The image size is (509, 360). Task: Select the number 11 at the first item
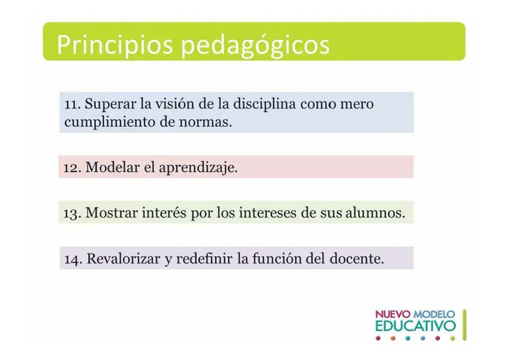(x=72, y=105)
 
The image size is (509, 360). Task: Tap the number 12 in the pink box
(x=72, y=168)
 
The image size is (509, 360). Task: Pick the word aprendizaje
(x=199, y=168)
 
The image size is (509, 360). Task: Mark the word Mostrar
(x=112, y=213)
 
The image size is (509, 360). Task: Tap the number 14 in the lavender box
(x=73, y=260)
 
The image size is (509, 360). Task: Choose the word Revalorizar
(x=124, y=259)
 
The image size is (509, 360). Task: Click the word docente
(x=357, y=259)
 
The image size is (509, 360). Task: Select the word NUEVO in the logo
(x=393, y=314)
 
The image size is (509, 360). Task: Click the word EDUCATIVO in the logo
(x=416, y=326)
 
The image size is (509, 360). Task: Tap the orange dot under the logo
(x=393, y=339)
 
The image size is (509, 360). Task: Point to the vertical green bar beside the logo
(x=465, y=325)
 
